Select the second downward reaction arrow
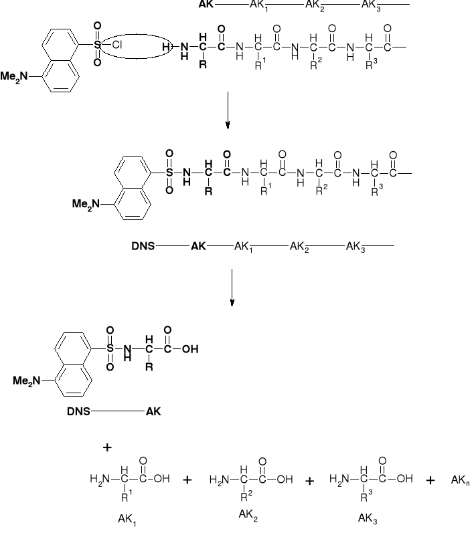click(232, 287)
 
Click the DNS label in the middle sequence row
click(144, 247)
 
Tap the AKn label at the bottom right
click(460, 480)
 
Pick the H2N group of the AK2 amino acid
click(220, 479)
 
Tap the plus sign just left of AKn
click(430, 480)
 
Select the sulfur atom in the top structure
click(98, 45)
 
